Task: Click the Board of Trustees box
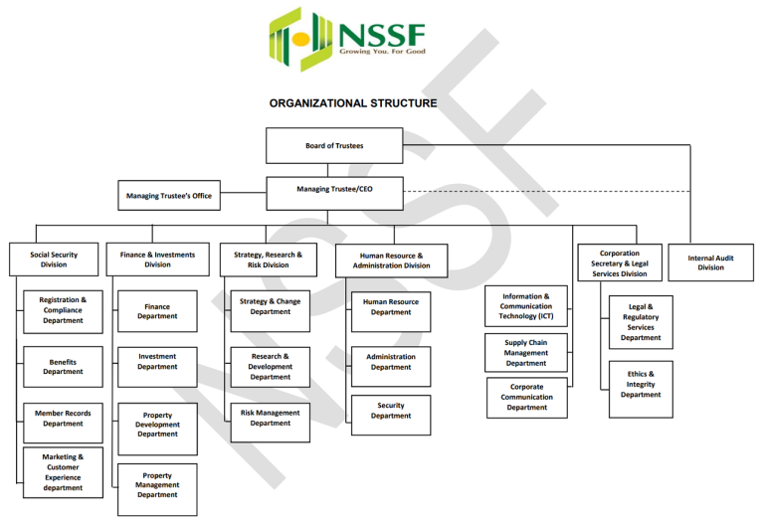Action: click(334, 145)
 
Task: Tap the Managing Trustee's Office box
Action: click(169, 196)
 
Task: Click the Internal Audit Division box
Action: click(711, 263)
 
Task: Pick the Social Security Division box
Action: click(54, 260)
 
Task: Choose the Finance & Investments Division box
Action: click(157, 260)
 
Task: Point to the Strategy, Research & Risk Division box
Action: click(268, 260)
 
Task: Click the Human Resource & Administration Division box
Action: click(391, 261)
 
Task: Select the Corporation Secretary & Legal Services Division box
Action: click(620, 263)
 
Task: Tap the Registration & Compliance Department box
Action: click(63, 310)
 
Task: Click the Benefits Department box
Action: click(63, 367)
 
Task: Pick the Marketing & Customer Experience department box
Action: click(63, 472)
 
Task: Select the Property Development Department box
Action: click(157, 424)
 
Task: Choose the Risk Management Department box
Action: click(270, 418)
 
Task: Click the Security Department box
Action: click(391, 412)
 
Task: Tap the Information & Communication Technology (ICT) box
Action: click(526, 306)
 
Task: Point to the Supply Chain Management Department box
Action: click(526, 353)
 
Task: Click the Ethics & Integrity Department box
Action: click(641, 385)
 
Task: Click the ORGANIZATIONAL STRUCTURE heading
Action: click(353, 102)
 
